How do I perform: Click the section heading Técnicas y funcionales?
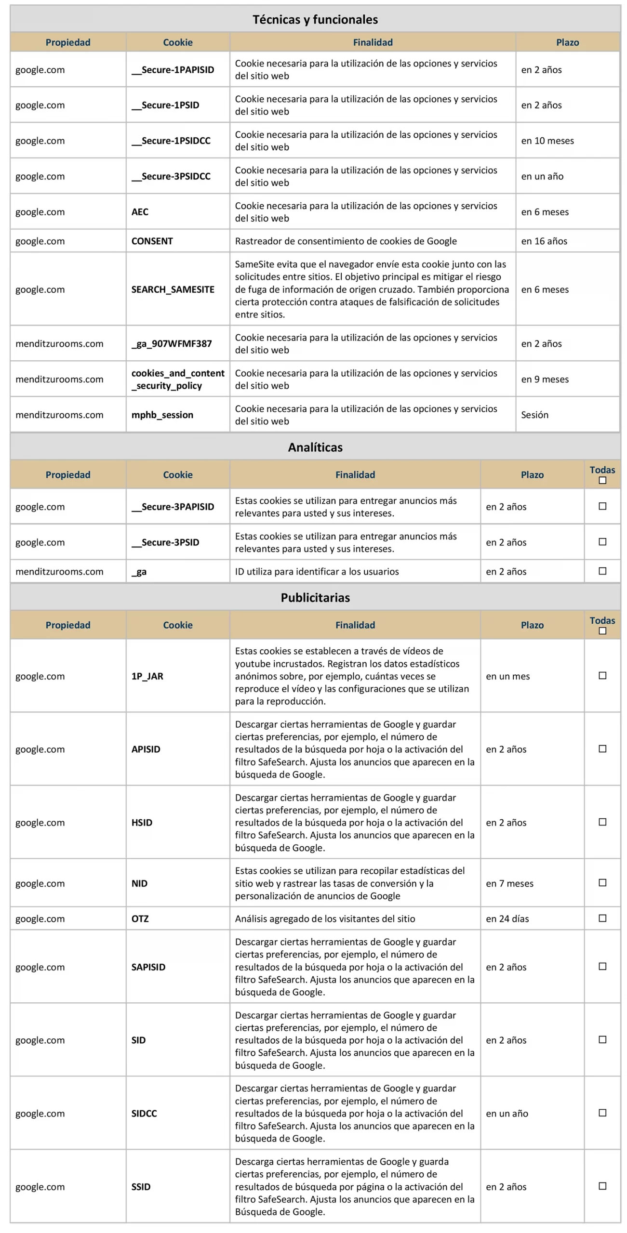[x=315, y=20]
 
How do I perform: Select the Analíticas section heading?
[x=315, y=447]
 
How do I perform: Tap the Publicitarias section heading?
[x=315, y=598]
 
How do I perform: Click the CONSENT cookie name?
[x=152, y=241]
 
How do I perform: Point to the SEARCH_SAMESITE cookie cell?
[x=173, y=289]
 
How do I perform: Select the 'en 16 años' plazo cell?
[x=544, y=241]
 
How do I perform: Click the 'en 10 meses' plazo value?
[x=547, y=141]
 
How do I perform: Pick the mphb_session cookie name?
[x=162, y=415]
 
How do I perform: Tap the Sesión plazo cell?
[x=535, y=415]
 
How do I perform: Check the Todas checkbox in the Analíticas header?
[x=602, y=481]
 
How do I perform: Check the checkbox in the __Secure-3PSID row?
[x=602, y=542]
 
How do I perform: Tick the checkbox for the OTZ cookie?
[x=602, y=918]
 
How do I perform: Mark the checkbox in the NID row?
[x=602, y=883]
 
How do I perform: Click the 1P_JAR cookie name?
[x=147, y=676]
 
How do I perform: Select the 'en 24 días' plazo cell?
[x=507, y=919]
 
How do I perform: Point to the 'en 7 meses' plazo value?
[x=510, y=883]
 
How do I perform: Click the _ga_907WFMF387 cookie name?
[x=172, y=344]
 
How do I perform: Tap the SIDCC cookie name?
[x=144, y=1114]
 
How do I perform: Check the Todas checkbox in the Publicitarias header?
[x=602, y=631]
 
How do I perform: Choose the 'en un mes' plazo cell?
[x=508, y=676]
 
